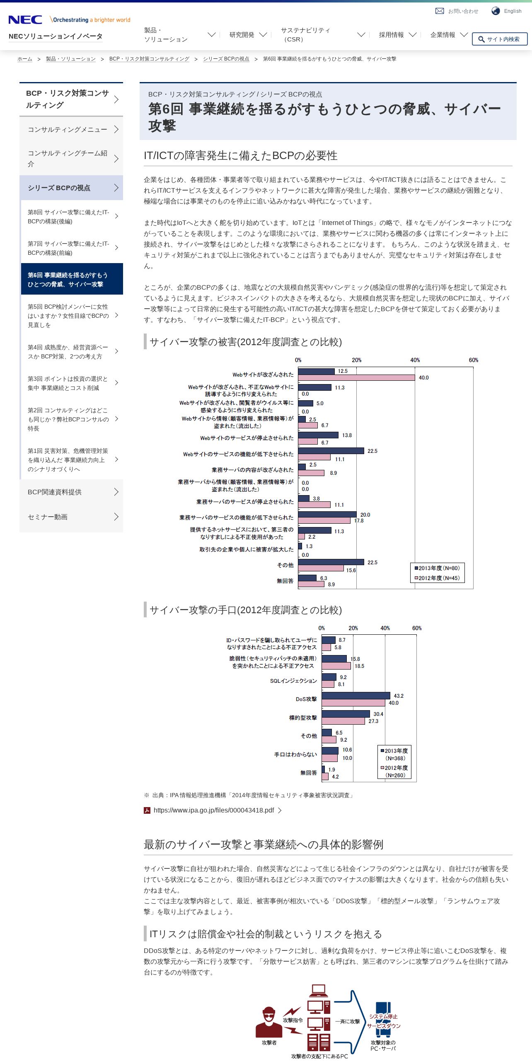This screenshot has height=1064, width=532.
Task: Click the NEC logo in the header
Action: pos(25,19)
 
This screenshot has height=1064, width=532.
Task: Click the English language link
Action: pos(513,11)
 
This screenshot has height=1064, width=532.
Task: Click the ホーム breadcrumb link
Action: pos(25,59)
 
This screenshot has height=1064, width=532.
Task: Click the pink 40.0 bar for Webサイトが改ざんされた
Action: pos(356,378)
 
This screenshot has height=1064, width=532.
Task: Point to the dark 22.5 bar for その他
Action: pos(331,562)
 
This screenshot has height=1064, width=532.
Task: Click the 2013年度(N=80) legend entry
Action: pos(437,568)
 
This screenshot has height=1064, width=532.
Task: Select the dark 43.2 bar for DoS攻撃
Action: pos(356,696)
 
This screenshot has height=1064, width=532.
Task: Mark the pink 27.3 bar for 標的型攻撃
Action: pos(343,721)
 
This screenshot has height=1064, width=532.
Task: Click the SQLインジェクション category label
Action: pos(293,681)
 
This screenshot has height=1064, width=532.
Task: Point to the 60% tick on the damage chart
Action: pos(474,360)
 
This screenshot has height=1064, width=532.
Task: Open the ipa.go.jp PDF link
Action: pos(214,810)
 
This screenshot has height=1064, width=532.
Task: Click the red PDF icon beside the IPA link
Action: pos(147,810)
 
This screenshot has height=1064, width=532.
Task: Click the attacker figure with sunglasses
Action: pos(269,1022)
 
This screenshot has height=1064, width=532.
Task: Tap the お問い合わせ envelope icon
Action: pos(440,11)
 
